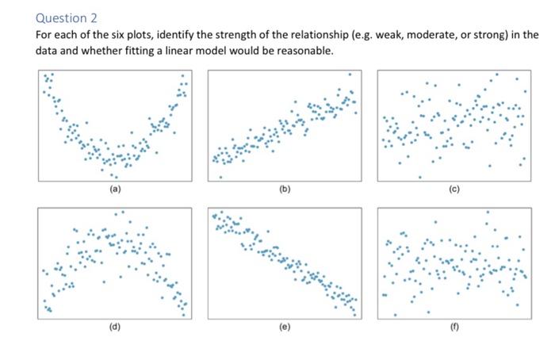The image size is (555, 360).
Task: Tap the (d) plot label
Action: pyautogui.click(x=114, y=326)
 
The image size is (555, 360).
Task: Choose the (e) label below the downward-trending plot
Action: pyautogui.click(x=284, y=326)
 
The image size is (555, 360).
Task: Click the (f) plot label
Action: pyautogui.click(x=454, y=326)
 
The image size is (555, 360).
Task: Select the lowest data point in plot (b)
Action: pyautogui.click(x=220, y=176)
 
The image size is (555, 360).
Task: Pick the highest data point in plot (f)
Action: pyautogui.click(x=488, y=212)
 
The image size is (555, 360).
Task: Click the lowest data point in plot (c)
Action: pyautogui.click(x=420, y=177)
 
